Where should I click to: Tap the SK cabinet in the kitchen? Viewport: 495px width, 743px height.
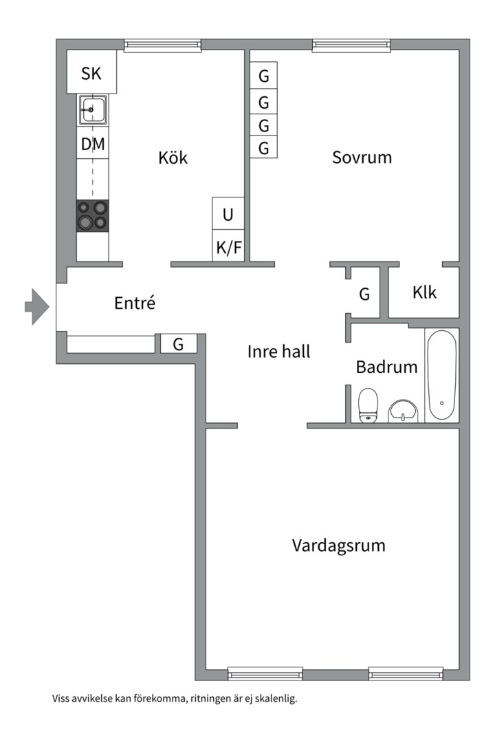[x=91, y=72]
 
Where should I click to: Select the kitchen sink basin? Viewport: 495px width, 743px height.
[x=92, y=109]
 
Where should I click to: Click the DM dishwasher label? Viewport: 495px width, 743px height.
[x=93, y=144]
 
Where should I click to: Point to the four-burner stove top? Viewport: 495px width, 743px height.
[x=92, y=215]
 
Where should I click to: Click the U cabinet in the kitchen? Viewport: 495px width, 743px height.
[x=228, y=213]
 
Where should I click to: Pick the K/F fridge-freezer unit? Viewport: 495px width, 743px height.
[x=228, y=246]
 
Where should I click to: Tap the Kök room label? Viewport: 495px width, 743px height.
[x=173, y=158]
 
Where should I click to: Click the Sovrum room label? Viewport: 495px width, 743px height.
[x=362, y=158]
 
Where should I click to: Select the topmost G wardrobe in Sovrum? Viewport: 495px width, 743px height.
[x=263, y=75]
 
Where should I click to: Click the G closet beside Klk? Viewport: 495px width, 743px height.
[x=364, y=294]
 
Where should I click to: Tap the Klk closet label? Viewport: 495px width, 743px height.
[x=424, y=292]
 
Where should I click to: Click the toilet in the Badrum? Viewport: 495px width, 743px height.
[x=368, y=405]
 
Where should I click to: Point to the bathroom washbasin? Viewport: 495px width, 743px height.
[x=404, y=410]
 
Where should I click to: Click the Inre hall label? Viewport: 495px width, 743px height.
[x=278, y=352]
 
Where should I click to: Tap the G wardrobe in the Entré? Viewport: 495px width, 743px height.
[x=178, y=343]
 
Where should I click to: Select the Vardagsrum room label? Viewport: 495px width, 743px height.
[x=339, y=546]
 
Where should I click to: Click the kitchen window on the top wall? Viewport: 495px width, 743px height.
[x=162, y=45]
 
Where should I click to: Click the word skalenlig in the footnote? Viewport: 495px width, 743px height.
[x=276, y=698]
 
